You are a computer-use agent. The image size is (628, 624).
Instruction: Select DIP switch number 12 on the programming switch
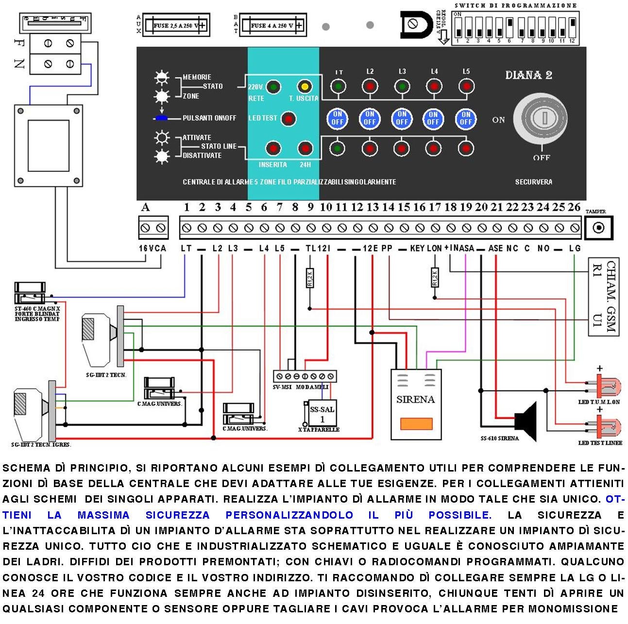[x=572, y=28]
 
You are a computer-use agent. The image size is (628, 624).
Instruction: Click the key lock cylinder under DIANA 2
[x=542, y=118]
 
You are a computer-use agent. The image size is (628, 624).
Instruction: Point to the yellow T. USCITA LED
[x=305, y=87]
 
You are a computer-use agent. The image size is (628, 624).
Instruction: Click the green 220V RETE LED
[x=273, y=87]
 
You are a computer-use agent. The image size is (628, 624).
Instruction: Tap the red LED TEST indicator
[x=289, y=118]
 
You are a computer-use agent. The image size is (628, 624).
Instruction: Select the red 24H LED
[x=305, y=148]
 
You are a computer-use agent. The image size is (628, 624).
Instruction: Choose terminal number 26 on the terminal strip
[x=575, y=228]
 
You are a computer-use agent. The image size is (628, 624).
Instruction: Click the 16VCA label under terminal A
[x=153, y=248]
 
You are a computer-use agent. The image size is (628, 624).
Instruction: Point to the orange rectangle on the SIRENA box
[x=416, y=424]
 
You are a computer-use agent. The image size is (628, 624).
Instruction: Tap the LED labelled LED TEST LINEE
[x=605, y=428]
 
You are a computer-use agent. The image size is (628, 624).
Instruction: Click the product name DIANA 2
[x=528, y=75]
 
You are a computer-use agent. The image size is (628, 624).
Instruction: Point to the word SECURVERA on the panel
[x=533, y=182]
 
